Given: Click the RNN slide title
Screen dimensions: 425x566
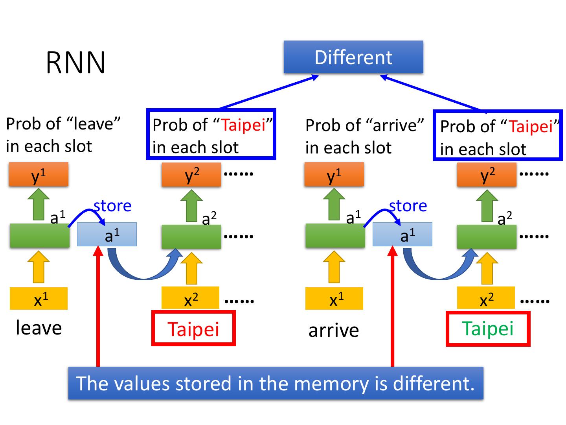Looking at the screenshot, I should point(75,63).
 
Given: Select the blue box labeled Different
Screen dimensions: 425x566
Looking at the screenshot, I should point(353,57).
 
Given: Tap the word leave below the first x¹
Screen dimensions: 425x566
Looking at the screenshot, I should point(39,328).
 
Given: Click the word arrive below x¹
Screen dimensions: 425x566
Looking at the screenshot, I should point(333,330).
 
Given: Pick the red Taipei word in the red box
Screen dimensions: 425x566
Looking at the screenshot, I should point(193,329).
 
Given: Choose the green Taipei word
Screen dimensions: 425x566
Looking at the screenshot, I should point(487,329).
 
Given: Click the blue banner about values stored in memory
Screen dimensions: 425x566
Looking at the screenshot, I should point(276,383).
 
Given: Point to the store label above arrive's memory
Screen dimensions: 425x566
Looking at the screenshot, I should point(408,206).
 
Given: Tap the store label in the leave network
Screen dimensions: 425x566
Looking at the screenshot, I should point(112,206).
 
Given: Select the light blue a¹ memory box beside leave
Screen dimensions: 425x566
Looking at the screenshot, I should point(107,235).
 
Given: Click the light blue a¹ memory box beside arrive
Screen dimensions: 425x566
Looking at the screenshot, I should point(402,235).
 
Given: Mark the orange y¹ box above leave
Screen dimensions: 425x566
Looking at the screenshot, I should point(39,175).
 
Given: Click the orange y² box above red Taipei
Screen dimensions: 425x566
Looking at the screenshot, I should point(191,175).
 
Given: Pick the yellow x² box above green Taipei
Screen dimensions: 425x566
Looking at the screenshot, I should point(486,298).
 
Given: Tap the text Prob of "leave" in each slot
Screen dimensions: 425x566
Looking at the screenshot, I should point(63,135).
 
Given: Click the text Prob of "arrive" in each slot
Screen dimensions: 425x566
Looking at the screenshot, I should point(364,136).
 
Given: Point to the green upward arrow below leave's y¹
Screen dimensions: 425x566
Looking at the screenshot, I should point(39,204).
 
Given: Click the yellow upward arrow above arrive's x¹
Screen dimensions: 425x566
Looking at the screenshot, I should point(334,267).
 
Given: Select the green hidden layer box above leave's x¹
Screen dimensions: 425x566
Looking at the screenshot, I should point(39,235).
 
